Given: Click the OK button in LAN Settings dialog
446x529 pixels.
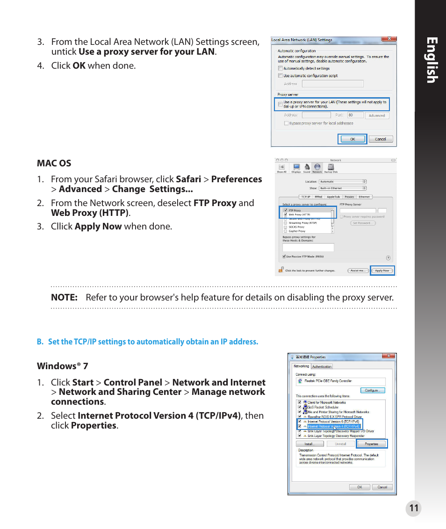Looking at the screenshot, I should pyautogui.click(x=352, y=139).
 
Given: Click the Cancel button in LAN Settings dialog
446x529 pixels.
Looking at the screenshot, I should pyautogui.click(x=381, y=139).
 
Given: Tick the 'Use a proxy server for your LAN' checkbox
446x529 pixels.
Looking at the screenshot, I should pyautogui.click(x=281, y=104).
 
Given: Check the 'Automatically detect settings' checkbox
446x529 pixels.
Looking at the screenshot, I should pyautogui.click(x=281, y=68).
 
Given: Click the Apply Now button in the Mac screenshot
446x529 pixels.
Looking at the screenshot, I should pyautogui.click(x=382, y=271).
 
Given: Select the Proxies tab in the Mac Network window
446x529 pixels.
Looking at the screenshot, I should pyautogui.click(x=349, y=197).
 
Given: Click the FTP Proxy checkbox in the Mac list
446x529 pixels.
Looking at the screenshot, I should pyautogui.click(x=285, y=211).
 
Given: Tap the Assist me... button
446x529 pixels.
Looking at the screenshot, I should pyautogui.click(x=358, y=271).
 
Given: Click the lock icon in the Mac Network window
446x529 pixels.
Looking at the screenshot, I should pyautogui.click(x=281, y=270).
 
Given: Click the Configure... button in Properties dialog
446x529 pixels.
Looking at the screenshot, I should pyautogui.click(x=372, y=390).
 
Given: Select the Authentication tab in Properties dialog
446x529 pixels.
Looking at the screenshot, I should pyautogui.click(x=322, y=366).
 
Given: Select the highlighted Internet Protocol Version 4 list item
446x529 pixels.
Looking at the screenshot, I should pyautogui.click(x=332, y=426).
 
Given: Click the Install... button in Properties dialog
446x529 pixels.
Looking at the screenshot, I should pyautogui.click(x=309, y=444).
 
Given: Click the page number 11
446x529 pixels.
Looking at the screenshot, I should pyautogui.click(x=413, y=509).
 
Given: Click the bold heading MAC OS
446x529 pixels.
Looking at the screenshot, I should pyautogui.click(x=54, y=163).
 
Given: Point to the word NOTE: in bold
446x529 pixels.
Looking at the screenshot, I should pyautogui.click(x=64, y=297).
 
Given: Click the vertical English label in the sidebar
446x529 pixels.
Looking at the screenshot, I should pyautogui.click(x=431, y=61).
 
